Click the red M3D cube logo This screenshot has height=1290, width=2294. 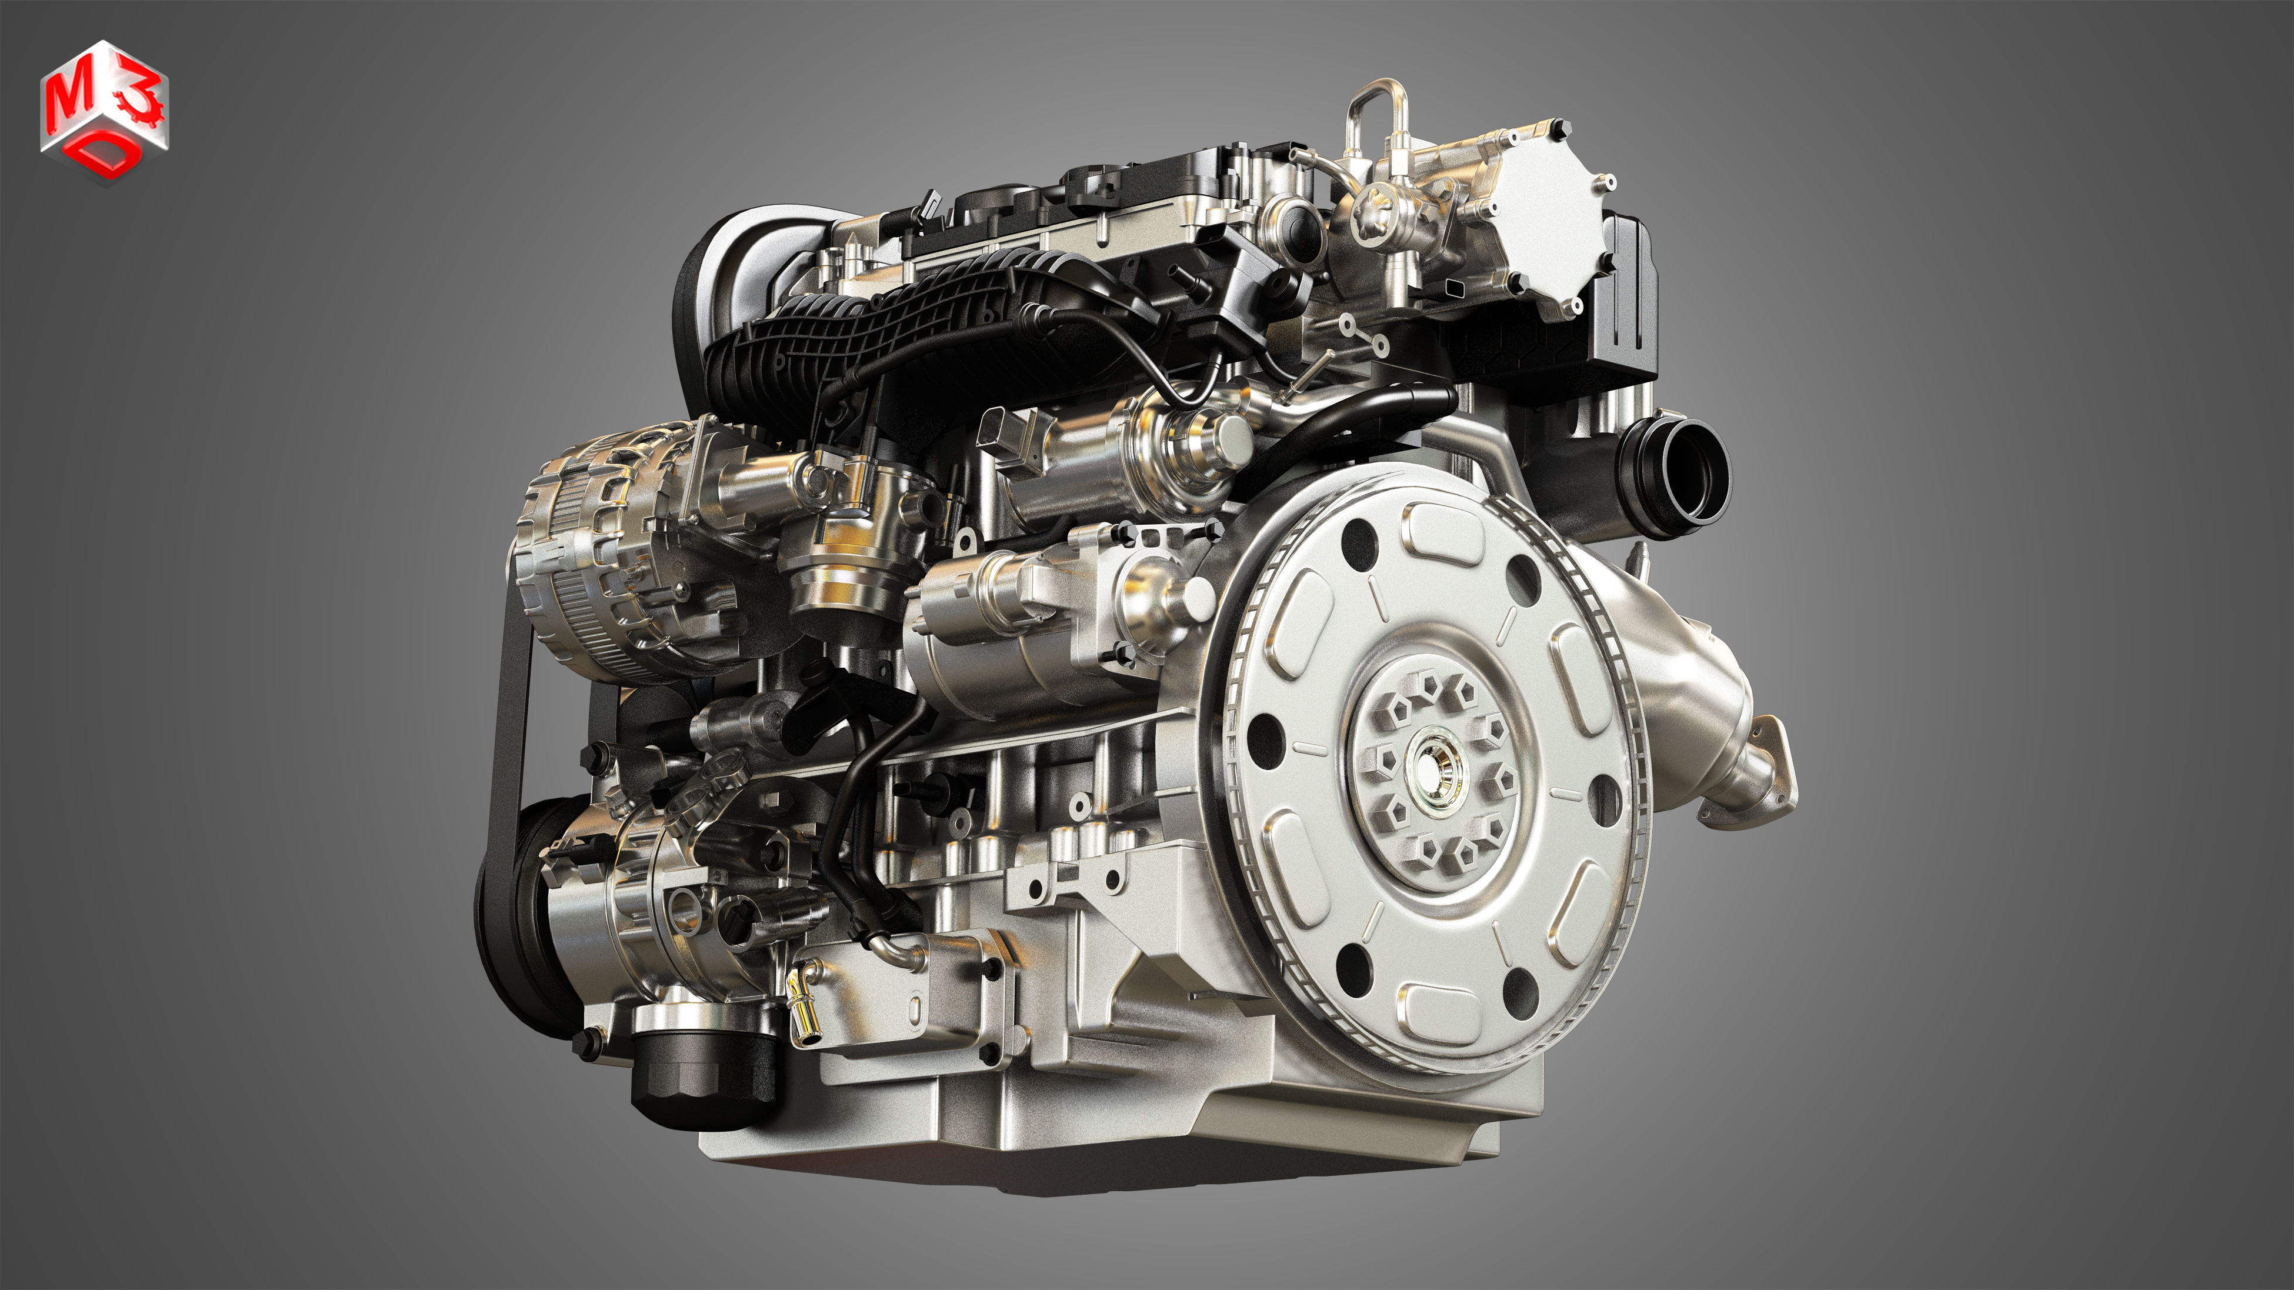pyautogui.click(x=104, y=111)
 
